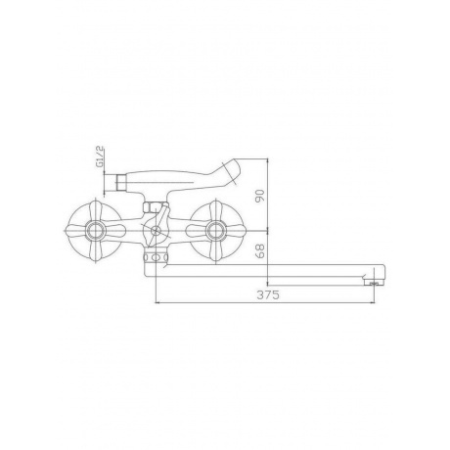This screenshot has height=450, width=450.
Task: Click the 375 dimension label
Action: pos(268,295)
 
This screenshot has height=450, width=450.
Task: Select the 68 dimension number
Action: pos(260,251)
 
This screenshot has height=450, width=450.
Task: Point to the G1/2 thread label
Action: pos(100,157)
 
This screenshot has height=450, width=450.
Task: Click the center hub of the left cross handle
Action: pos(95,231)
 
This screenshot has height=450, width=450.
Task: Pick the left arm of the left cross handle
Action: pos(76,231)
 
